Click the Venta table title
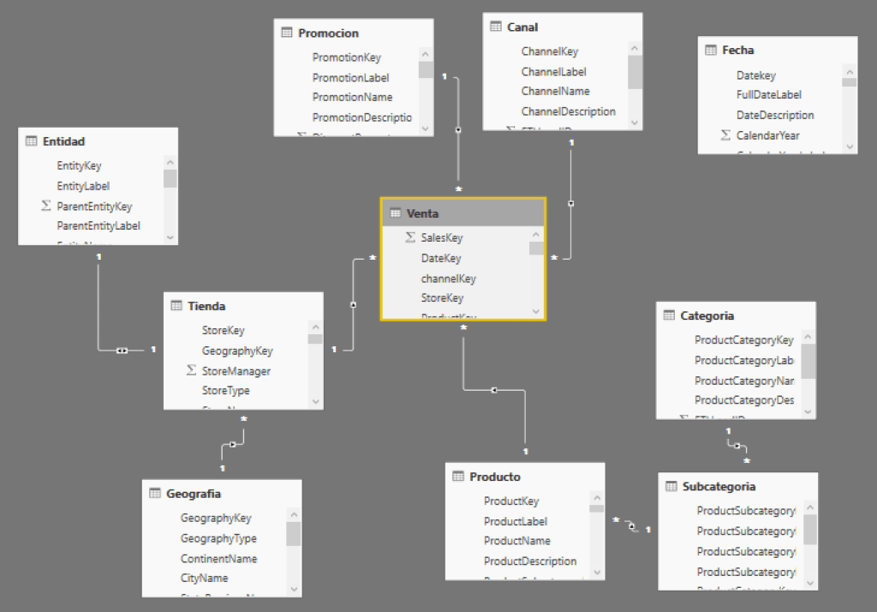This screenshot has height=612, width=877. [x=422, y=213]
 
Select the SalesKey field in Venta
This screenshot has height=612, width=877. [x=441, y=237]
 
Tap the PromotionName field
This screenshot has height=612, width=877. [x=352, y=97]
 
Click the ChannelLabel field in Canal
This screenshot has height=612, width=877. [x=553, y=72]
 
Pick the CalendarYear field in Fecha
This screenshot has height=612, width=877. [x=767, y=135]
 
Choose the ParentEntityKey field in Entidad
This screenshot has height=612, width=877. [x=94, y=207]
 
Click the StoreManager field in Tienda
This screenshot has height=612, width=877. [x=236, y=371]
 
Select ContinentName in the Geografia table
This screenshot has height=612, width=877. [x=218, y=559]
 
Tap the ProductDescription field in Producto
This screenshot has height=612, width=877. [x=529, y=561]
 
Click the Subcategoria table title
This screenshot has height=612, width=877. [x=719, y=487]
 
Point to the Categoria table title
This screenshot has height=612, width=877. [x=707, y=315]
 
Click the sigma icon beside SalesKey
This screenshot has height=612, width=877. [x=409, y=237]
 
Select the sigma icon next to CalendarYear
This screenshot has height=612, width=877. [x=725, y=135]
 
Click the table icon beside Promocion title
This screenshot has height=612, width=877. [x=287, y=33]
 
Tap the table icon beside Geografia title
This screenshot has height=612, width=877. [x=155, y=494]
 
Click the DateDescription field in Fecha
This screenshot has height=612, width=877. [x=774, y=115]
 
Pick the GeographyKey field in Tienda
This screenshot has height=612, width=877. [x=236, y=351]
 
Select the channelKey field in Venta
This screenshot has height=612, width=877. [x=448, y=279]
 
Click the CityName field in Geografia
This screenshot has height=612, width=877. [x=204, y=579]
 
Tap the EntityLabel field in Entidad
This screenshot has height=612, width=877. [x=83, y=186]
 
